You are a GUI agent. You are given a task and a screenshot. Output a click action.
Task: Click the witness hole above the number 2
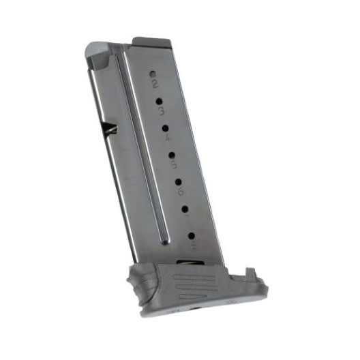coord(153,72)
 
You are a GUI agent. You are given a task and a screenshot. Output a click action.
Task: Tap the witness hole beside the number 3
coord(159,100)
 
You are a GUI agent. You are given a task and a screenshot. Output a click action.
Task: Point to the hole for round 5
coord(172,155)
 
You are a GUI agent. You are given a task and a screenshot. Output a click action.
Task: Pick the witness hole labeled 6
coord(179,181)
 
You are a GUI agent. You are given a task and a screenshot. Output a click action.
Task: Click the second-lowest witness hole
coord(185,209)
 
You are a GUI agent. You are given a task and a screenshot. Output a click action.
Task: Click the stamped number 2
coord(155,85)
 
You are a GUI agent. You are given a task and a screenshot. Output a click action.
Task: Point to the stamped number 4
coord(168,138)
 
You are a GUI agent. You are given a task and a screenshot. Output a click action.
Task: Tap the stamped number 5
coord(175,166)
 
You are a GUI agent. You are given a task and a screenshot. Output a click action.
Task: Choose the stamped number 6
coord(181,192)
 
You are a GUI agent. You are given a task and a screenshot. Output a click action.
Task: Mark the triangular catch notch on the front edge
coord(110,128)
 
